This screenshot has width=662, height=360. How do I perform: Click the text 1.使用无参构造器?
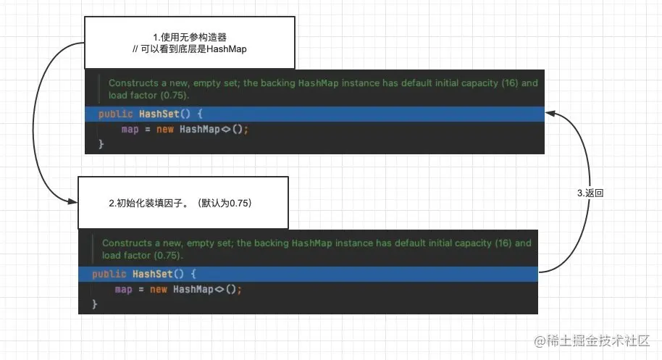[x=190, y=38]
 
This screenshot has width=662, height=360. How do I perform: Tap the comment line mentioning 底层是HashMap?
[x=190, y=49]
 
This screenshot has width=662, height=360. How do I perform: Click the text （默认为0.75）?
[x=225, y=203]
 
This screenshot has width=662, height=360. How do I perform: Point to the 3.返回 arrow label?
[x=590, y=193]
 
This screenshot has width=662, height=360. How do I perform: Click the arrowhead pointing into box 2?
[x=73, y=202]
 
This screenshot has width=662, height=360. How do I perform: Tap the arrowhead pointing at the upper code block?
[x=550, y=113]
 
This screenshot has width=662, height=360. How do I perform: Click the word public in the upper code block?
[x=116, y=114]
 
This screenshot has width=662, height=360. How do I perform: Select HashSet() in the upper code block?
[x=164, y=114]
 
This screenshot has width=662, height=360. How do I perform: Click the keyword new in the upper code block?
[x=165, y=129]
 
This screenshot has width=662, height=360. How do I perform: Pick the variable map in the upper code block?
[x=130, y=129]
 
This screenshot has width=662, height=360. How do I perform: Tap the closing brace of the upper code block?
[x=101, y=144]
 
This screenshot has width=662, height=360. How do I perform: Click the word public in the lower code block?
[x=109, y=274]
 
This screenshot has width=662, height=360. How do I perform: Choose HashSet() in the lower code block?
[x=159, y=274]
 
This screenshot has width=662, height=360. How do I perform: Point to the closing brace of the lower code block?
[x=95, y=304]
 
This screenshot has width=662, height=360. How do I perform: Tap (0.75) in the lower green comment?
[x=167, y=256]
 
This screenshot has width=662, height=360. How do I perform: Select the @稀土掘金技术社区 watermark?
[x=592, y=340]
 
